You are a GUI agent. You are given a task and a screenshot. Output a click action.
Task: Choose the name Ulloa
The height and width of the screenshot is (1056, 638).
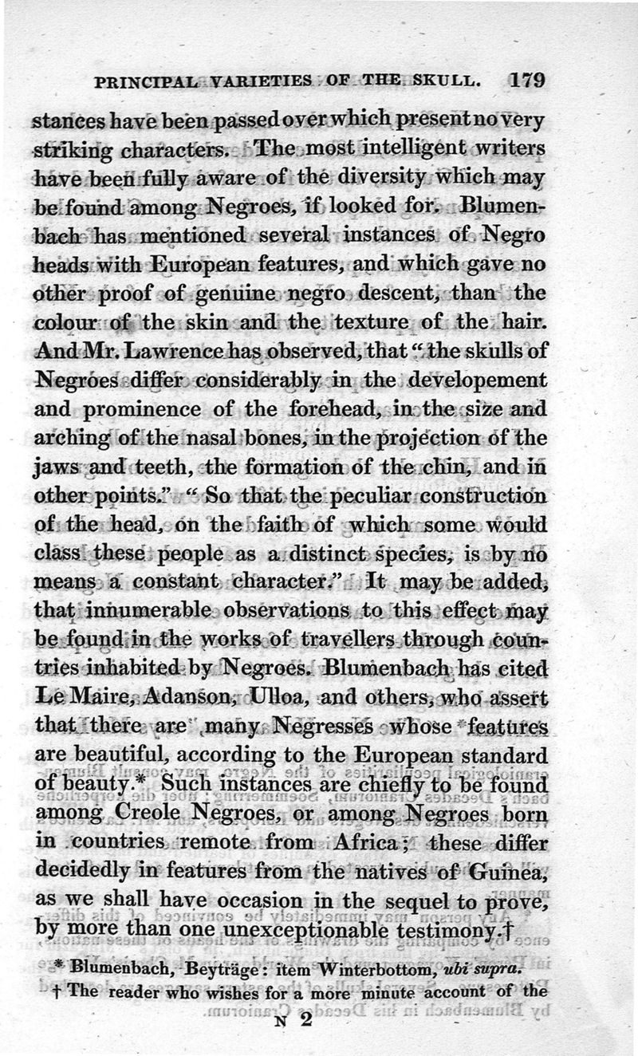click(277, 699)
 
